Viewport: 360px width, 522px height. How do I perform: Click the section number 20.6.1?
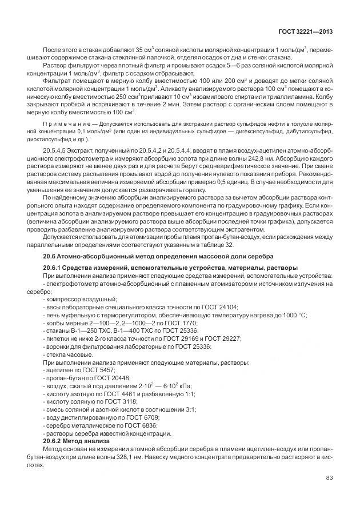click(56, 268)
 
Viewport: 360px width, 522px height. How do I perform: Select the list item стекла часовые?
click(69, 354)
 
